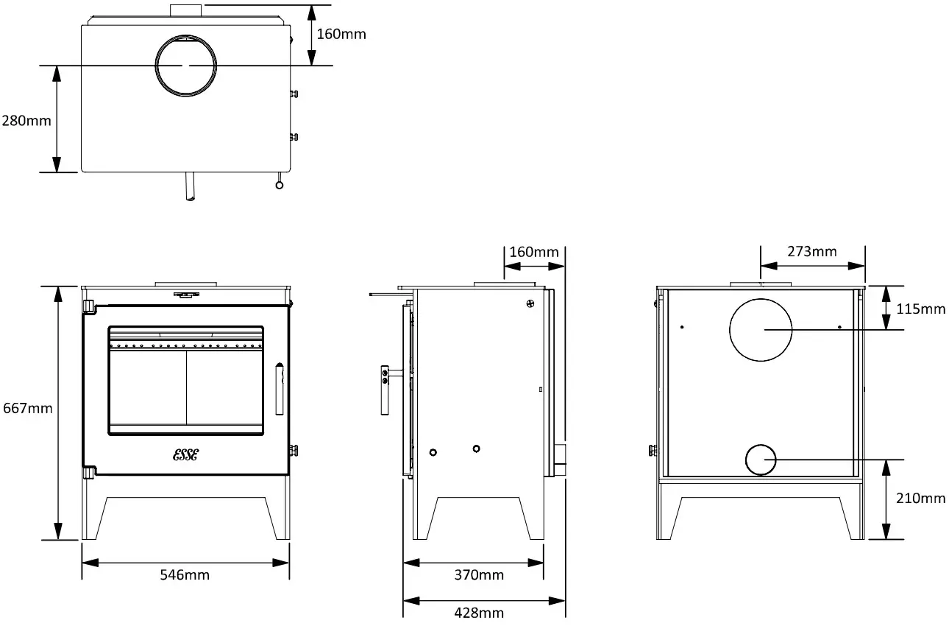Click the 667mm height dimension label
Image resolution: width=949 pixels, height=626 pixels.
click(27, 407)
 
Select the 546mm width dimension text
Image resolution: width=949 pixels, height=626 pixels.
click(185, 574)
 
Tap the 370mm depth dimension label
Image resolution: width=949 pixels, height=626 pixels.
click(479, 574)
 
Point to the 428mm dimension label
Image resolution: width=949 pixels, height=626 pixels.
click(479, 612)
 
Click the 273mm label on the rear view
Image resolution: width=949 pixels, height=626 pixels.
click(811, 251)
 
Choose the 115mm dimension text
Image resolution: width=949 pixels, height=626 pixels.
click(921, 309)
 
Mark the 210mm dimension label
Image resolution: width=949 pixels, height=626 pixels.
click(921, 499)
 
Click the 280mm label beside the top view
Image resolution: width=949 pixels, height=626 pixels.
click(26, 120)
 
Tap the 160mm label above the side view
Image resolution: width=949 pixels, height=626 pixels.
click(534, 252)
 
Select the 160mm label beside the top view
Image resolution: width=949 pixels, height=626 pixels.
click(341, 34)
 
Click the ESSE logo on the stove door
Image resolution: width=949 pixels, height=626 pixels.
click(185, 454)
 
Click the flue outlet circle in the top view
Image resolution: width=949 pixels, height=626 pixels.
click(185, 65)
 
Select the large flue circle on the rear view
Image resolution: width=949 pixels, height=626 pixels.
click(761, 330)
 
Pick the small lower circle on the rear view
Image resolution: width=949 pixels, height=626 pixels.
click(761, 460)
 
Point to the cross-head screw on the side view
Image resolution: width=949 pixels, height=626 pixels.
click(530, 303)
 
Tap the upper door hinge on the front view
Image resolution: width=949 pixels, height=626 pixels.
click(88, 306)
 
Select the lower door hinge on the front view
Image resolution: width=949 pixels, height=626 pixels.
click(88, 471)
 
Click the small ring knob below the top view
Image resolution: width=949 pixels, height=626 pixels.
click(278, 185)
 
